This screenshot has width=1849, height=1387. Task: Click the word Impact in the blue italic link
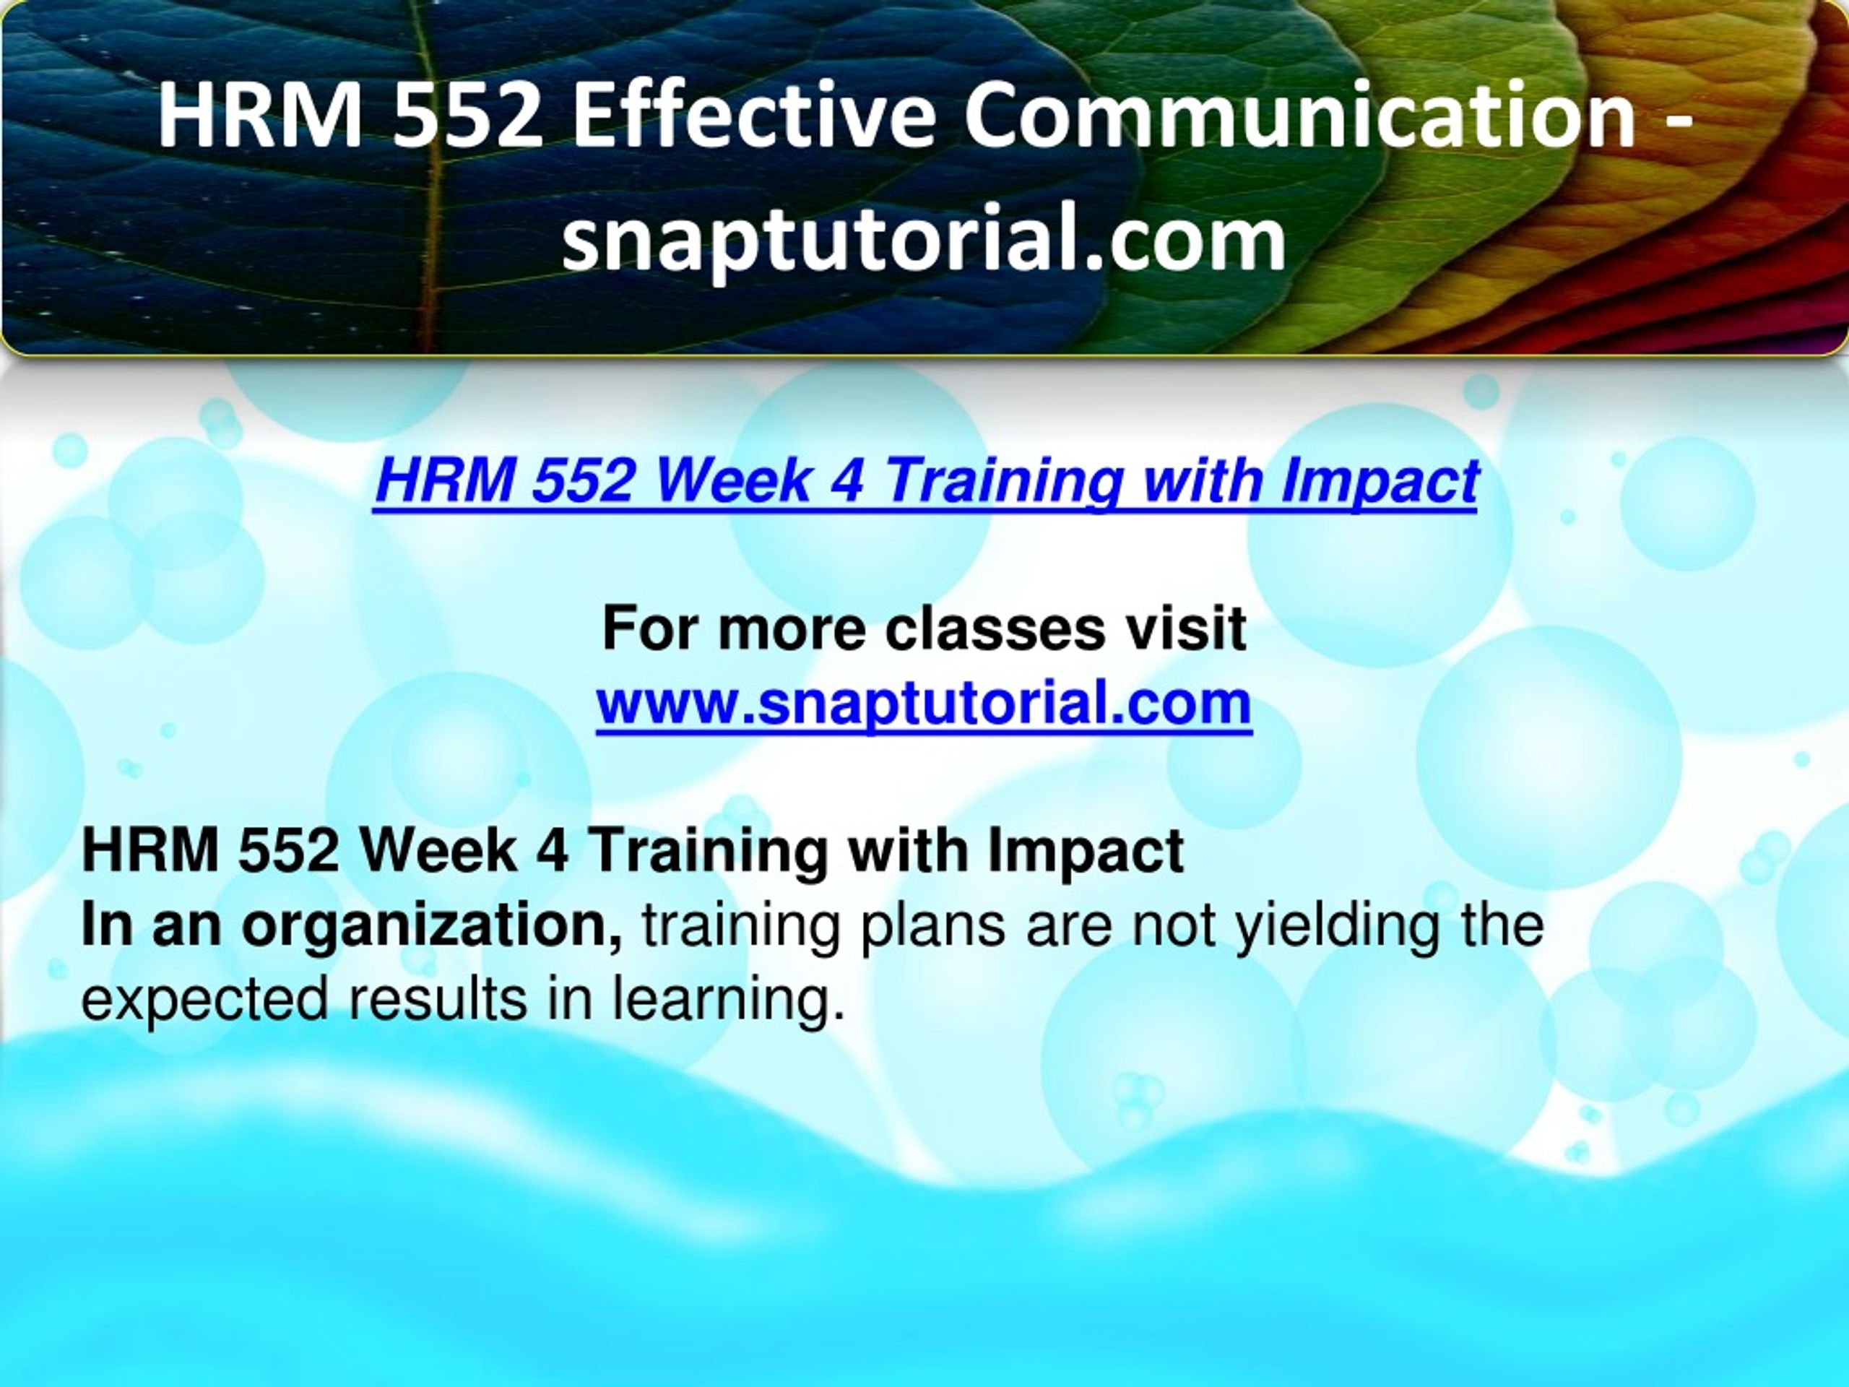pyautogui.click(x=1380, y=483)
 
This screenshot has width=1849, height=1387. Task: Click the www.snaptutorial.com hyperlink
pyautogui.click(x=924, y=704)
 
